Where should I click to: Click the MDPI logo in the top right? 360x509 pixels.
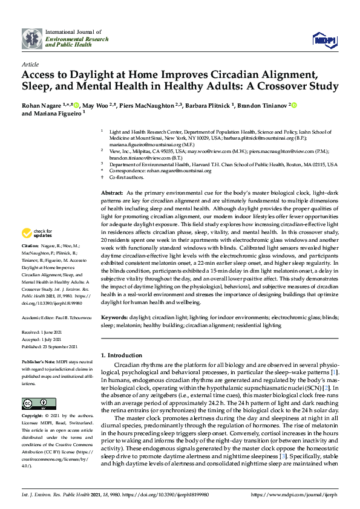tap(324, 40)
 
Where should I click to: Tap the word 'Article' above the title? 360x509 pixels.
tap(30, 63)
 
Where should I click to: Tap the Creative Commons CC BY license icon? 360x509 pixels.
tap(34, 403)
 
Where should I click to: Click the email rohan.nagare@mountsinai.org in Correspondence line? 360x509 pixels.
tap(181, 171)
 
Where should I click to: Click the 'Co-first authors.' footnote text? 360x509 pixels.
tap(127, 178)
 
